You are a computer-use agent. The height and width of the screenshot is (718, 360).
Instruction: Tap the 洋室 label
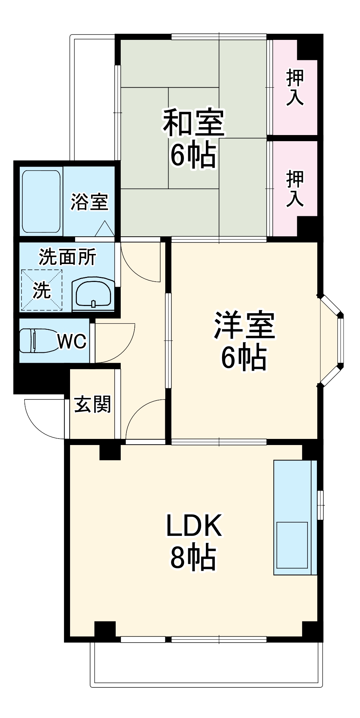click(244, 325)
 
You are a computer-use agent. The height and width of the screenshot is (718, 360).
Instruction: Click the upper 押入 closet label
click(295, 88)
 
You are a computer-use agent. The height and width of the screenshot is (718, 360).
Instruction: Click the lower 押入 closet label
click(295, 189)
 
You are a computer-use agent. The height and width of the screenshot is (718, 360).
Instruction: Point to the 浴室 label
click(89, 202)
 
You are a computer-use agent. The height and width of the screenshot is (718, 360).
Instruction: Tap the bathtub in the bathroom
click(41, 201)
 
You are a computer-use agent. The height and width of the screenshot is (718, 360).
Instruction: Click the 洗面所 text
click(67, 257)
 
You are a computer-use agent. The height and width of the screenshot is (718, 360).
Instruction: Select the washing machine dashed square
click(41, 289)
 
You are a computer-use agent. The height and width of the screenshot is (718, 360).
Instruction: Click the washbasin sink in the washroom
click(93, 293)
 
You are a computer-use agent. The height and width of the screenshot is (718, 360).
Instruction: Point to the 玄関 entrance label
click(92, 405)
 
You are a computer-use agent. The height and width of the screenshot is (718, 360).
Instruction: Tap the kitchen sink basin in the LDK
click(292, 545)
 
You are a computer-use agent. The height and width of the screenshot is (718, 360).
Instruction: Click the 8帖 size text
click(193, 559)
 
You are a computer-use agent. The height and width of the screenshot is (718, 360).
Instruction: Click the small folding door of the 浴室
click(105, 229)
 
